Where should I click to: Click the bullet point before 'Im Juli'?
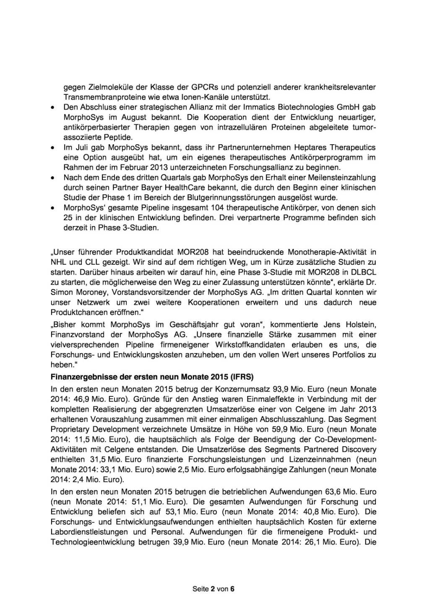(52, 148)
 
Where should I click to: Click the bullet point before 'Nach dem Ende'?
(52, 178)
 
